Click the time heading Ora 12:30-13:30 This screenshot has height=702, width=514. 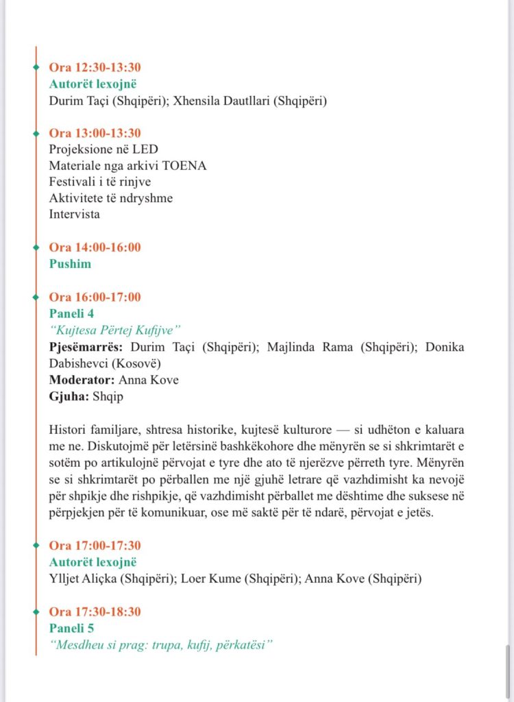pyautogui.click(x=95, y=67)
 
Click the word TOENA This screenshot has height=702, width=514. pyautogui.click(x=184, y=166)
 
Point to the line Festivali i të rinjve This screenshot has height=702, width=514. pyautogui.click(x=99, y=182)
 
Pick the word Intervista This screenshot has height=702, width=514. pyautogui.click(x=74, y=214)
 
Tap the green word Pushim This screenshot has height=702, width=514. pyautogui.click(x=70, y=263)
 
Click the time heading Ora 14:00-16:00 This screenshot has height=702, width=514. pyautogui.click(x=95, y=247)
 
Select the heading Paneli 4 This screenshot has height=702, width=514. pyautogui.click(x=72, y=313)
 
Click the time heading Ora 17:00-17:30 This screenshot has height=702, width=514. pyautogui.click(x=95, y=546)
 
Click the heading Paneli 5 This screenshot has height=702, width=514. pyautogui.click(x=72, y=628)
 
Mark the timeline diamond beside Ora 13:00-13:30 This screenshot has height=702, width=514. pyautogui.click(x=36, y=133)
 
